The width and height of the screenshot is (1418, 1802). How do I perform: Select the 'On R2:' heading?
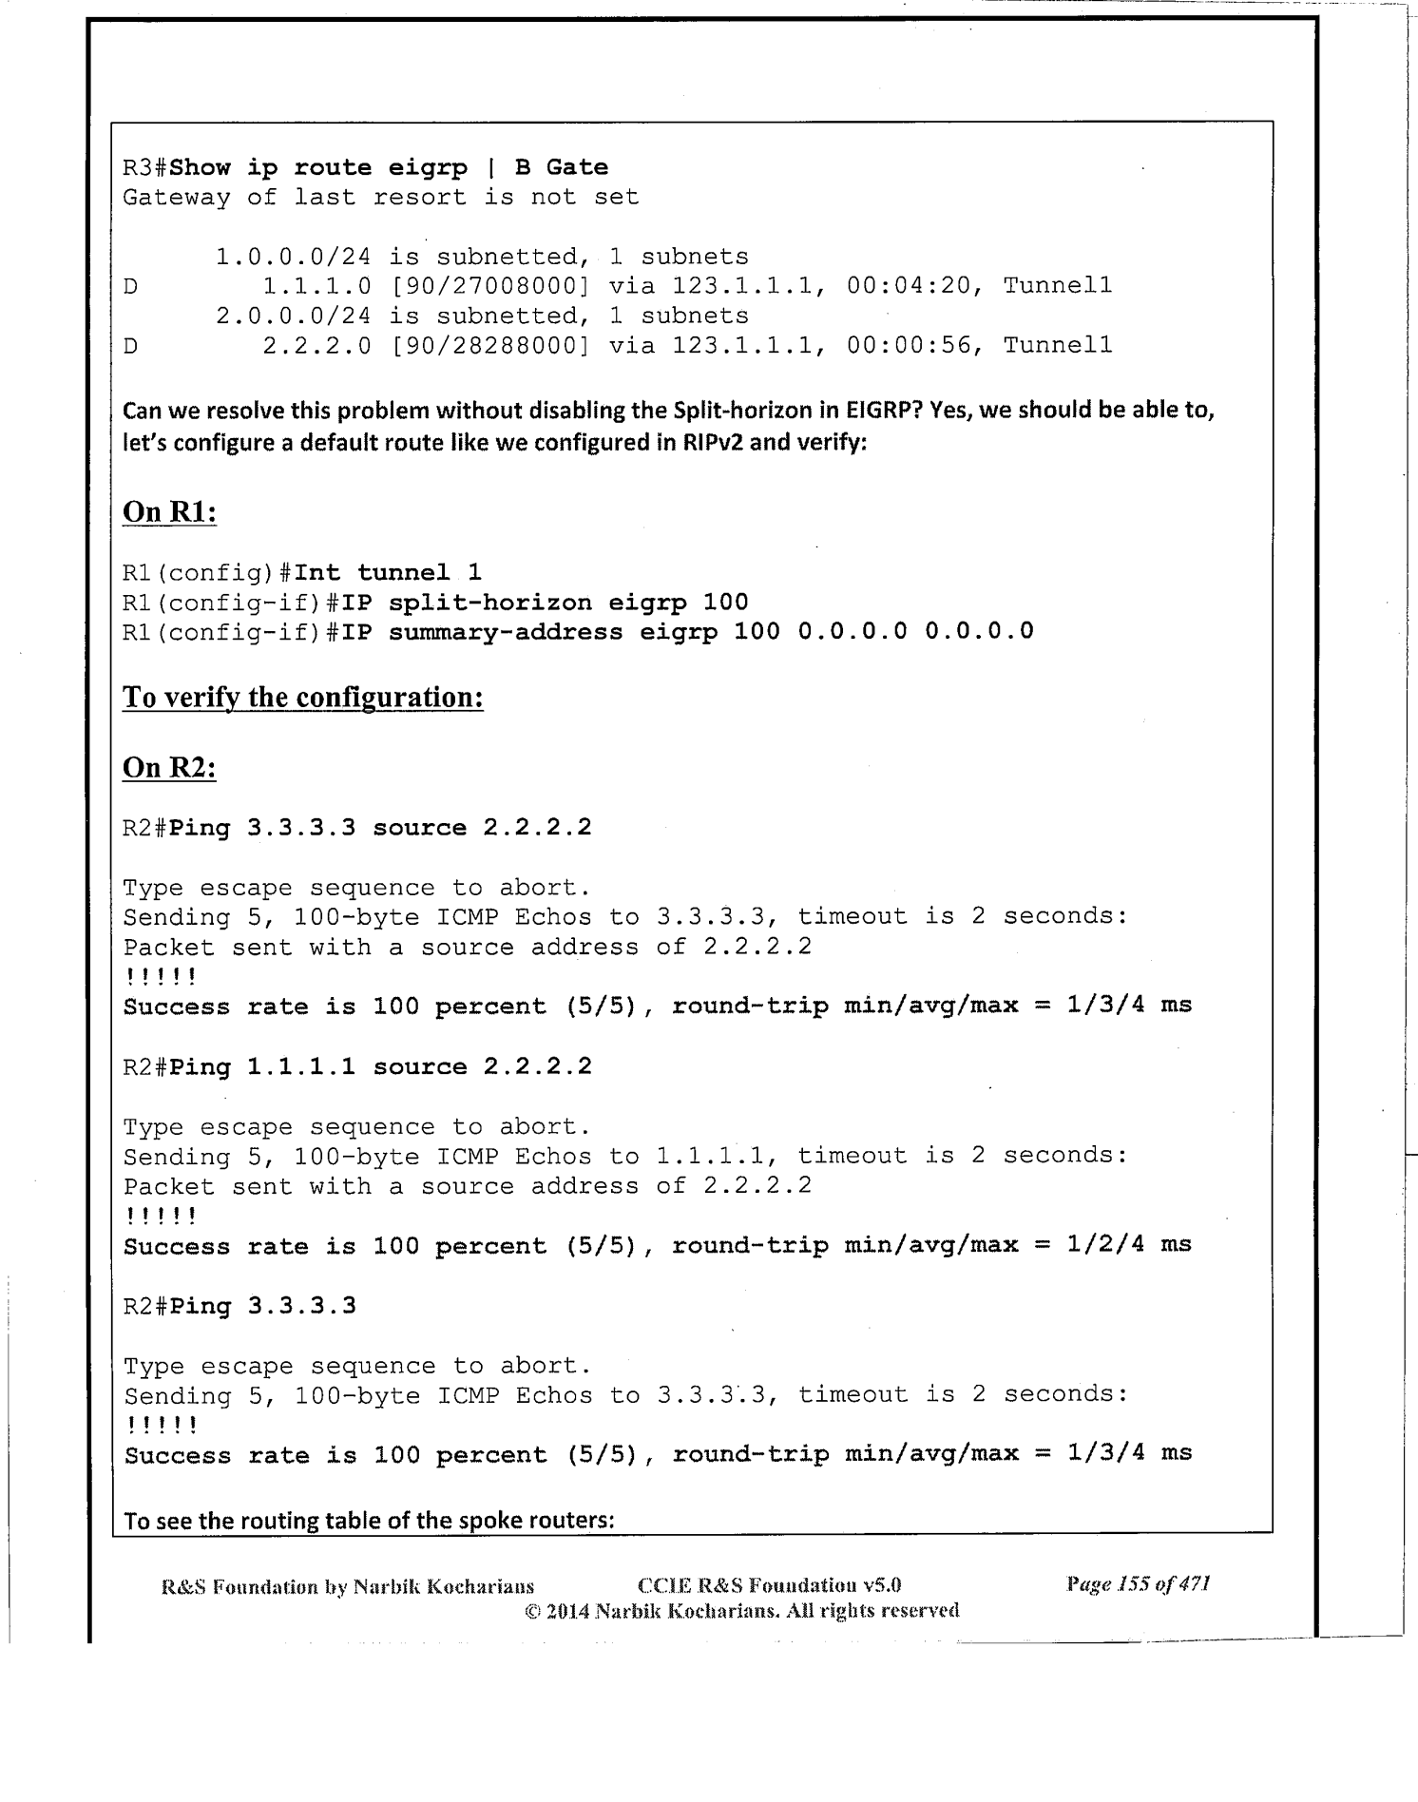(169, 767)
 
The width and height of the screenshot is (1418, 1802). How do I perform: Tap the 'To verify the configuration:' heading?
(303, 698)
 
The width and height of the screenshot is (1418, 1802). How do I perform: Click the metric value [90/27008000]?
(489, 286)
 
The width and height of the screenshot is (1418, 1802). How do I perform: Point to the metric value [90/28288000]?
(489, 345)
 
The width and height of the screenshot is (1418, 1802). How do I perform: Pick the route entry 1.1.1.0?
(316, 286)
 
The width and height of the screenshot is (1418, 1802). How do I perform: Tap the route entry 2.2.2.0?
(316, 345)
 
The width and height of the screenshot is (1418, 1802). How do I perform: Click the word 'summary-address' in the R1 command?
(506, 632)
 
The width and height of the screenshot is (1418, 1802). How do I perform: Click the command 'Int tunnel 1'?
(388, 572)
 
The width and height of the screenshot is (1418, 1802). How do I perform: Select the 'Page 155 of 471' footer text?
(1138, 1583)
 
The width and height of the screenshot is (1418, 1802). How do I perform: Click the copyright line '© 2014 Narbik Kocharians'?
(741, 1610)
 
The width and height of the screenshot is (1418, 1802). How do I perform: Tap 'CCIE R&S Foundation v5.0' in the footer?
(770, 1585)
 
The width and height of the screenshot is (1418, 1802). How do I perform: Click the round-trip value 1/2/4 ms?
(1129, 1245)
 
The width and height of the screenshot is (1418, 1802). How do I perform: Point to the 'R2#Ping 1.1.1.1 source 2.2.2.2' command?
(357, 1067)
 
